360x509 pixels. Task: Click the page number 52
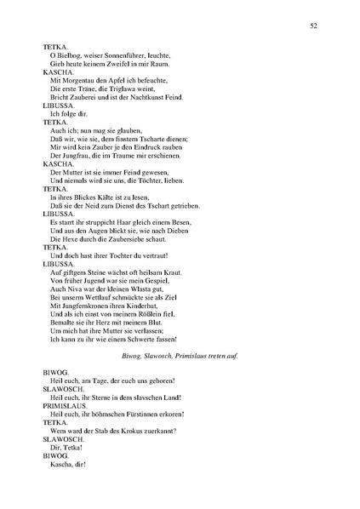coord(313,26)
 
